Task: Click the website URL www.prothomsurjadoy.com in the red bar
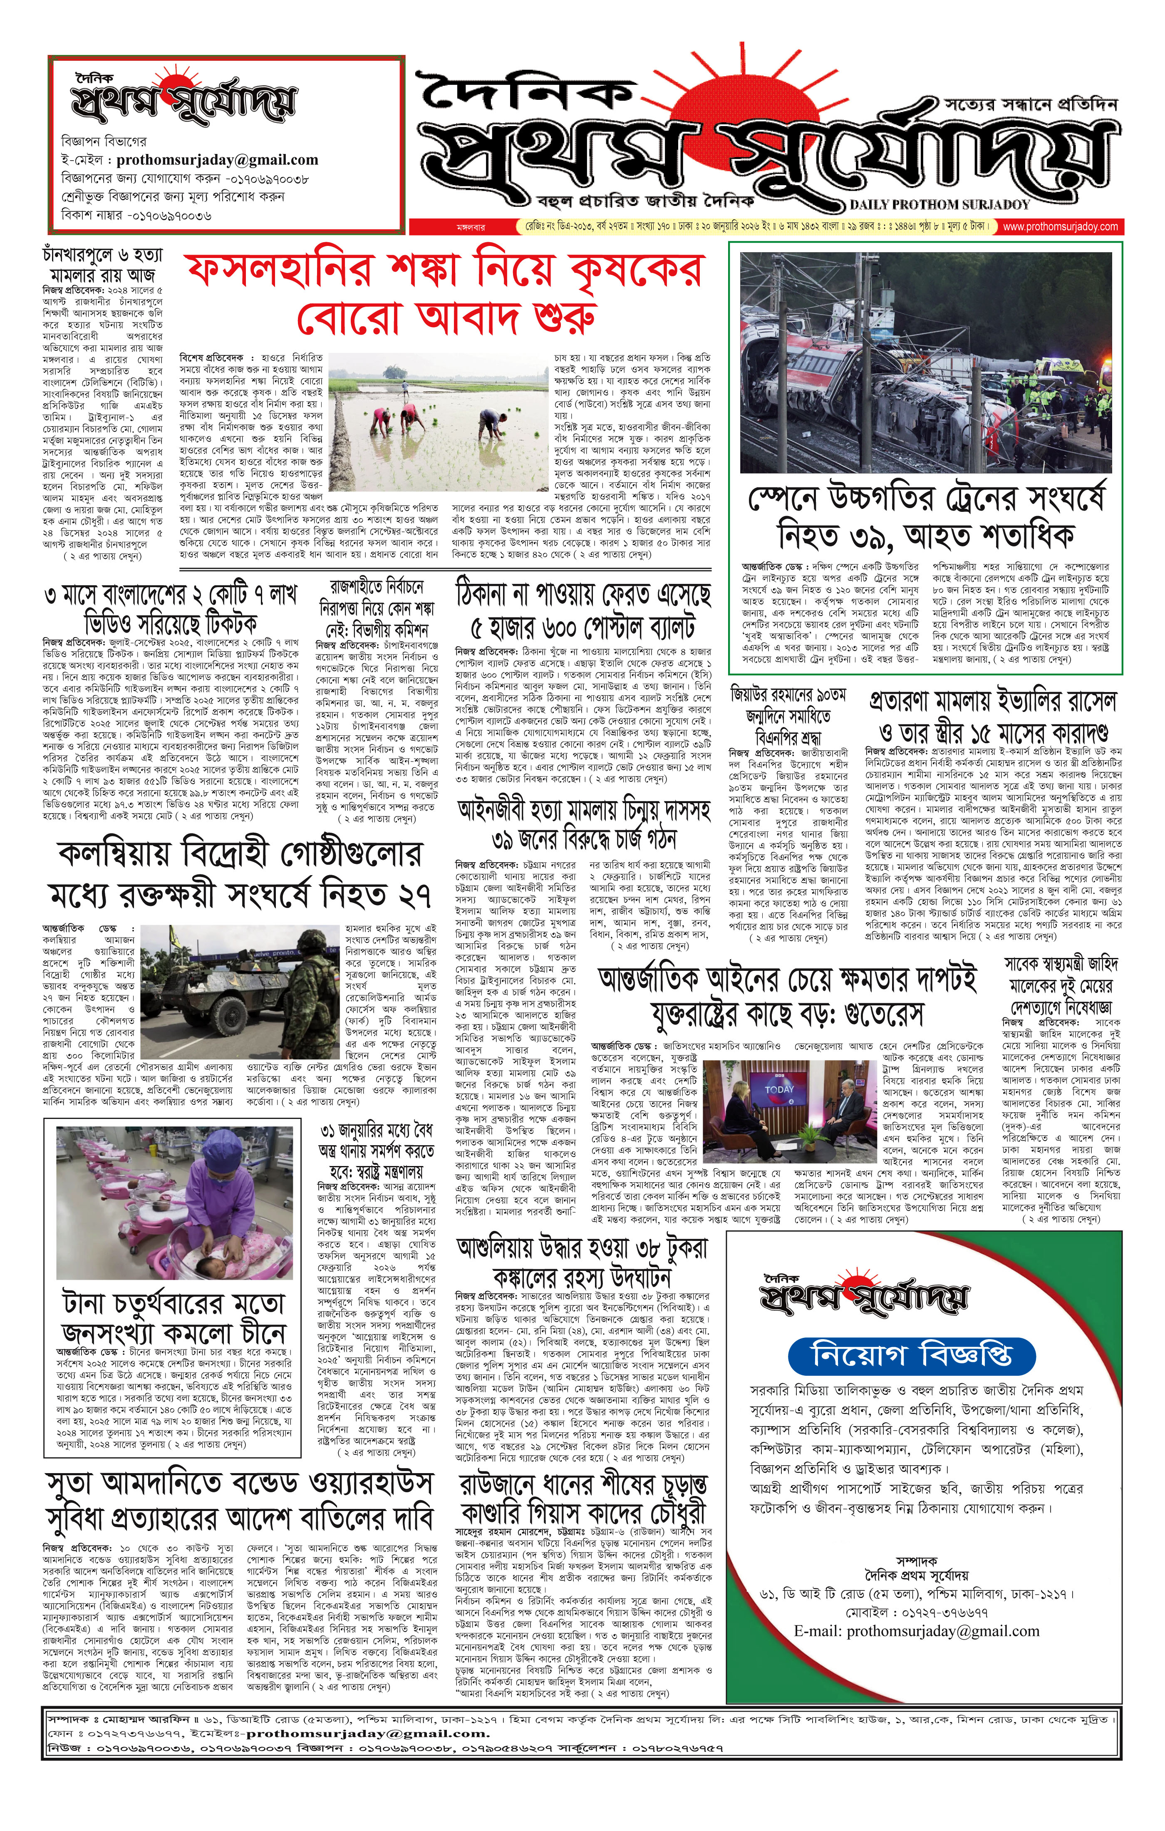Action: (x=1060, y=227)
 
